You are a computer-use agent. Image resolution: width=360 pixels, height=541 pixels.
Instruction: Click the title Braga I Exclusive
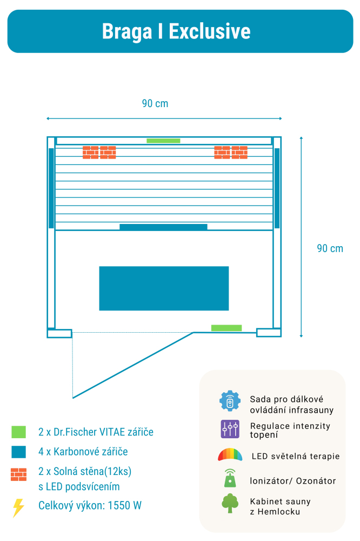pos(176,31)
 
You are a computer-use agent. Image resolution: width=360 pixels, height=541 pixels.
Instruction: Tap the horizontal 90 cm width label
pos(155,103)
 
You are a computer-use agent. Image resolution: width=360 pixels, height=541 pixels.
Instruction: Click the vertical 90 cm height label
pos(330,248)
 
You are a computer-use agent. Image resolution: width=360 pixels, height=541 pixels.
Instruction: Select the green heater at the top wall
pos(163,141)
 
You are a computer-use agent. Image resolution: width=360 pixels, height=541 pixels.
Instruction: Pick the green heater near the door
pos(226,328)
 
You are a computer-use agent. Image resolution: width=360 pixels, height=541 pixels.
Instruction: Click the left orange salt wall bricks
pos(99,152)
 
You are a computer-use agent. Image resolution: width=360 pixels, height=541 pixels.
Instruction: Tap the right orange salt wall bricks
pos(231,152)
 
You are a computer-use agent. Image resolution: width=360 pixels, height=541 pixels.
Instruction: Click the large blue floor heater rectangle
pos(164,288)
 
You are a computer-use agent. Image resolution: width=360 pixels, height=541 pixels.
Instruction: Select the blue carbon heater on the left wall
pos(51,188)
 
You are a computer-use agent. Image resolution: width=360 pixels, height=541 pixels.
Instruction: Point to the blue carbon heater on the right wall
pos(277,188)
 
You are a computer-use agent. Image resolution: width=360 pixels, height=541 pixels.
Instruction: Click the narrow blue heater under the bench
pos(163,227)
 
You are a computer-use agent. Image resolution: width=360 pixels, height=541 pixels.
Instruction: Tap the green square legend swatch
pos(18,432)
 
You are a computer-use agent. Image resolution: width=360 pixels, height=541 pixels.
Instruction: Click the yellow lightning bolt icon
pos(18,507)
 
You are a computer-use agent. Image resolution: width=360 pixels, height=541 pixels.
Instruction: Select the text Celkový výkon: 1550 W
pos(90,506)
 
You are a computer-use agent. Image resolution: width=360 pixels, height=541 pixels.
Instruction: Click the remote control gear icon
pos(230,401)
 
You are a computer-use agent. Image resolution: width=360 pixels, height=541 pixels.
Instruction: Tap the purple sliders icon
pos(230,429)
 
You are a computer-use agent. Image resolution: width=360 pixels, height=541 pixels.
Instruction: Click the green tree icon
pos(230,504)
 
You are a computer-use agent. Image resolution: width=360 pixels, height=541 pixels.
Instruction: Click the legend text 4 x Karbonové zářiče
pos(83,451)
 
